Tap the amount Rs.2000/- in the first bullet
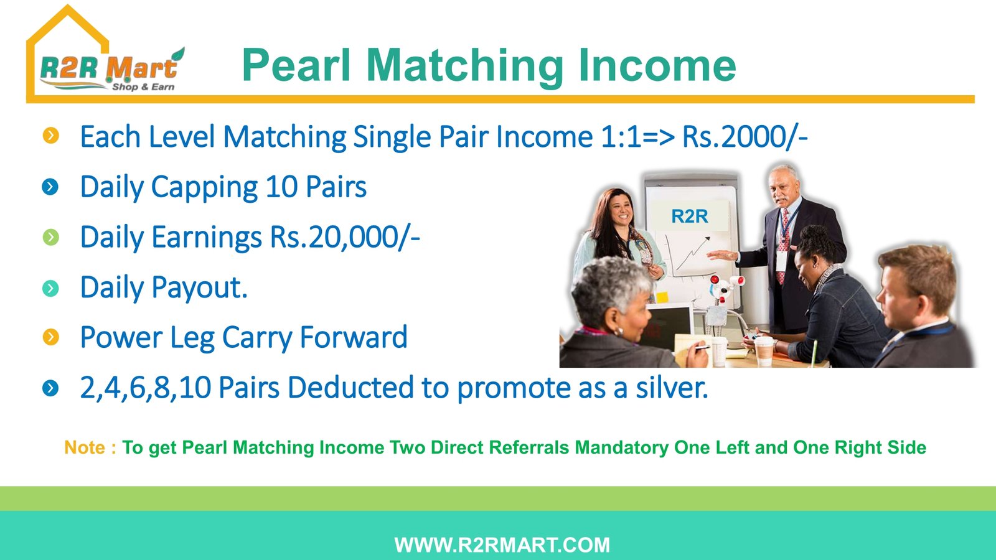tap(745, 136)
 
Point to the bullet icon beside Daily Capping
tap(50, 187)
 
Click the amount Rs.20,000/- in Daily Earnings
tap(345, 237)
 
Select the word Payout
tap(199, 287)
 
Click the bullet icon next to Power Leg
tap(50, 337)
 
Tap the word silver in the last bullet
tap(672, 387)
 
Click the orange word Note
tap(85, 447)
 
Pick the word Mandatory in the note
tap(621, 447)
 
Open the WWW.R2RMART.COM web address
tap(502, 545)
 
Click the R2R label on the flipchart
tap(690, 216)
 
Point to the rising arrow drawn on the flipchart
tap(692, 254)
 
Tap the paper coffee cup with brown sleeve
tap(764, 351)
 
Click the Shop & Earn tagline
tap(143, 86)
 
